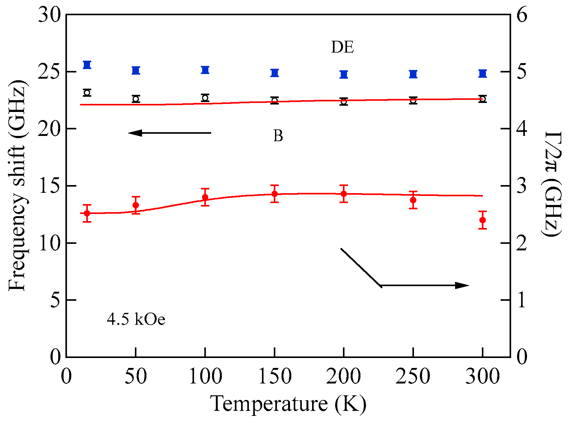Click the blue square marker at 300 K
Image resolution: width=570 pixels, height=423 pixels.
(482, 74)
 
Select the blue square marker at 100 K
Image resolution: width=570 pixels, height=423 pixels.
(205, 70)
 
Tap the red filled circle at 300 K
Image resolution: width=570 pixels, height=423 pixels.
(482, 220)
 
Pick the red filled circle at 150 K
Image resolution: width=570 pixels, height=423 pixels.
(274, 194)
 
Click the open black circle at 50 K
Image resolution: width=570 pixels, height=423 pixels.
(136, 99)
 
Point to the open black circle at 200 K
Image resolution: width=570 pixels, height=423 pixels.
(344, 101)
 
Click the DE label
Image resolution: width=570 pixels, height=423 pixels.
(342, 47)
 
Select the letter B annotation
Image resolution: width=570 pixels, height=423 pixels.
(278, 136)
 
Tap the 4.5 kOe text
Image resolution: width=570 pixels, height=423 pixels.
(136, 319)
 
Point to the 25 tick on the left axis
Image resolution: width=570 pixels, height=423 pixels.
(50, 72)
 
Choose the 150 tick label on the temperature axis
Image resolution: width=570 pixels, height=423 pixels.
(274, 376)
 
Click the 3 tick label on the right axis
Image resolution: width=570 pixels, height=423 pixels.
(521, 186)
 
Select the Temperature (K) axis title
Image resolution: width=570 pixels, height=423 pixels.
(288, 404)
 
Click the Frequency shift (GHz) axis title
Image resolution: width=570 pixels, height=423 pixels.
(17, 186)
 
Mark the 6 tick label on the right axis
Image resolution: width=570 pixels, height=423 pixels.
(521, 15)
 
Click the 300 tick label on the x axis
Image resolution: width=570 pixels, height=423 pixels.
(482, 376)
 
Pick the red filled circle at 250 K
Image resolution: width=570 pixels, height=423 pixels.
(413, 200)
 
